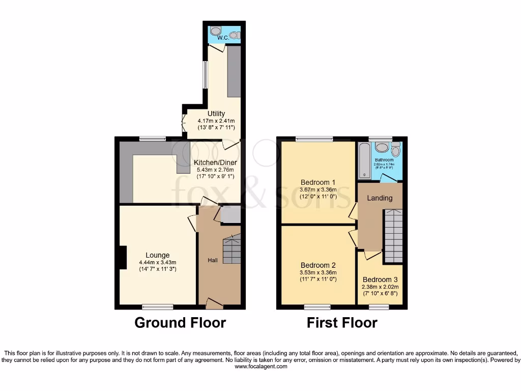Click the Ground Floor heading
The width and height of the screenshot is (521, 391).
(x=180, y=322)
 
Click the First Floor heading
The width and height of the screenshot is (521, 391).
(x=342, y=322)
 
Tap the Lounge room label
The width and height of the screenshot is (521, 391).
(x=158, y=255)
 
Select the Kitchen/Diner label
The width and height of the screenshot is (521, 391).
(x=216, y=163)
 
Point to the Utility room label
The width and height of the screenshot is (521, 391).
(x=216, y=114)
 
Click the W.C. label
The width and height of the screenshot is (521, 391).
(x=222, y=38)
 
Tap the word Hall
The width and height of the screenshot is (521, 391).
(x=213, y=260)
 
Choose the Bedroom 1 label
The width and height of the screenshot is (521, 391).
(x=318, y=182)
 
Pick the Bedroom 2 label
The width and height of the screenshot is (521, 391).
(x=318, y=265)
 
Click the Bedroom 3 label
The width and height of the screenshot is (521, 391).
(x=380, y=280)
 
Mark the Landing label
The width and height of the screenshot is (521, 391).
(x=380, y=198)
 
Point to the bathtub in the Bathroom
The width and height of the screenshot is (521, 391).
(x=364, y=160)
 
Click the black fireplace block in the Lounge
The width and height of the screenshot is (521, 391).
(x=123, y=257)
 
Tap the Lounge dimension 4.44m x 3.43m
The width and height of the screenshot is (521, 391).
(x=158, y=263)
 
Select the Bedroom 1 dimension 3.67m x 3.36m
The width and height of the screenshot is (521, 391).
(x=318, y=190)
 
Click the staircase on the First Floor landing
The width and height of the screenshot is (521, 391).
(x=393, y=235)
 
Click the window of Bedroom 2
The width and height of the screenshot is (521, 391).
(x=318, y=307)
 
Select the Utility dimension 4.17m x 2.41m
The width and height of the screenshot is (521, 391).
(x=216, y=121)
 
